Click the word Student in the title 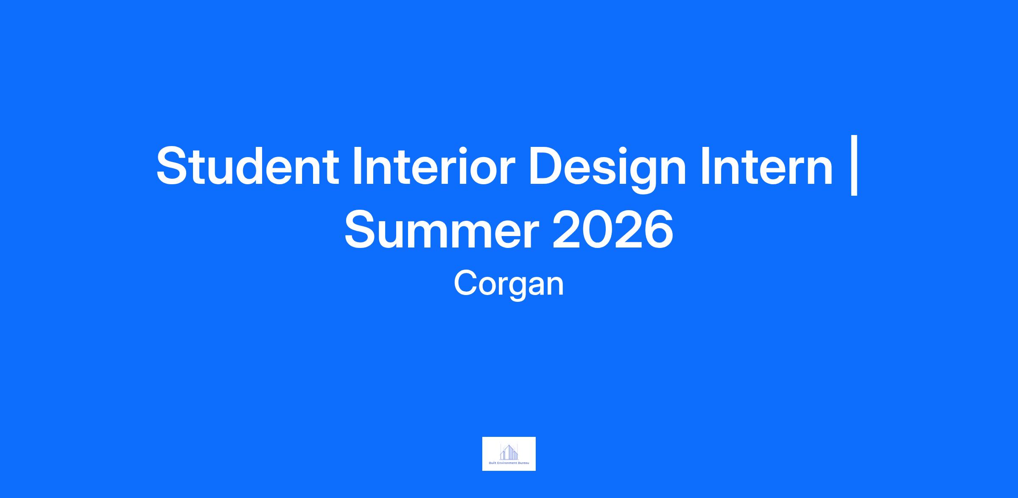pos(248,166)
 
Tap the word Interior pos(433,166)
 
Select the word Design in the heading pos(607,169)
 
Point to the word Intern pos(766,166)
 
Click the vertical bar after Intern pos(854,166)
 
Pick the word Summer pos(442,231)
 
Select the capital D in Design pos(547,166)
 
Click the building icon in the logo pos(509,452)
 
